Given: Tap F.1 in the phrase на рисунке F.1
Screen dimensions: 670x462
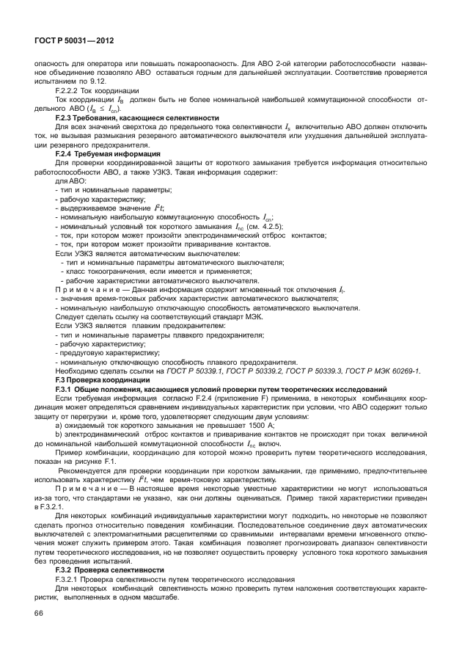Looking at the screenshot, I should (110, 462).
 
